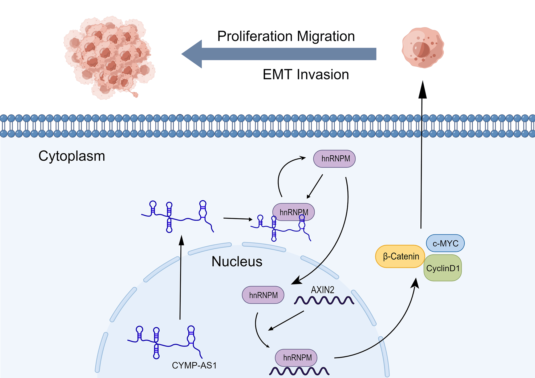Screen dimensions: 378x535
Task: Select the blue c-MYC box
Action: click(445, 243)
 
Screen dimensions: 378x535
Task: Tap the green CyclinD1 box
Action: click(443, 268)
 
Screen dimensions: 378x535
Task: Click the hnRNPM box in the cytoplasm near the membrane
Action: click(334, 159)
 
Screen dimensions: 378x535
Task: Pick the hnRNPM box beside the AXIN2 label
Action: click(263, 295)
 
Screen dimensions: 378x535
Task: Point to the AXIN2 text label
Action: click(322, 290)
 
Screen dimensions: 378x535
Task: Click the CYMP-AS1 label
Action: click(194, 365)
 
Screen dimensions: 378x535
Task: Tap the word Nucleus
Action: click(237, 261)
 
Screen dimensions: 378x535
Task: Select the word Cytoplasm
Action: click(72, 156)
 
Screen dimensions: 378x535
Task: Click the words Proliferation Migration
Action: click(286, 36)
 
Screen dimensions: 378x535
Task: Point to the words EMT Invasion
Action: click(306, 74)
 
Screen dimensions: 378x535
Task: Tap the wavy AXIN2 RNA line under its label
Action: click(324, 300)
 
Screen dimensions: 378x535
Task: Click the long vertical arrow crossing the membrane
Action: click(421, 160)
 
